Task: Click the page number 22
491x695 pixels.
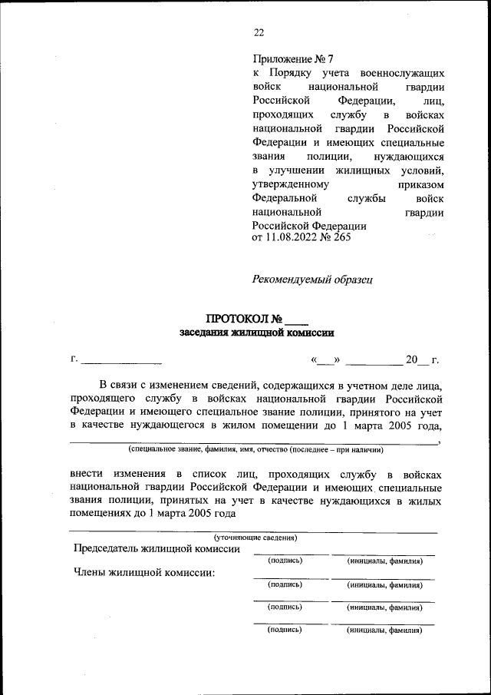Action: (259, 31)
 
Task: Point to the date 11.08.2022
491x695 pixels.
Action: (292, 237)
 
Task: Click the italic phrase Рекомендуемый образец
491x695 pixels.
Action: (312, 280)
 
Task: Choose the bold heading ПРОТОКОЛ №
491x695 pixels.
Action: (245, 319)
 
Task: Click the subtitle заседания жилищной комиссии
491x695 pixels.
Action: (257, 333)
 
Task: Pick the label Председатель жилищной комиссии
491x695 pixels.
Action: (157, 549)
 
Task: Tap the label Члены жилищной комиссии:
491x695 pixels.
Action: (143, 572)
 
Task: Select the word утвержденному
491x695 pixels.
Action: (291, 184)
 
